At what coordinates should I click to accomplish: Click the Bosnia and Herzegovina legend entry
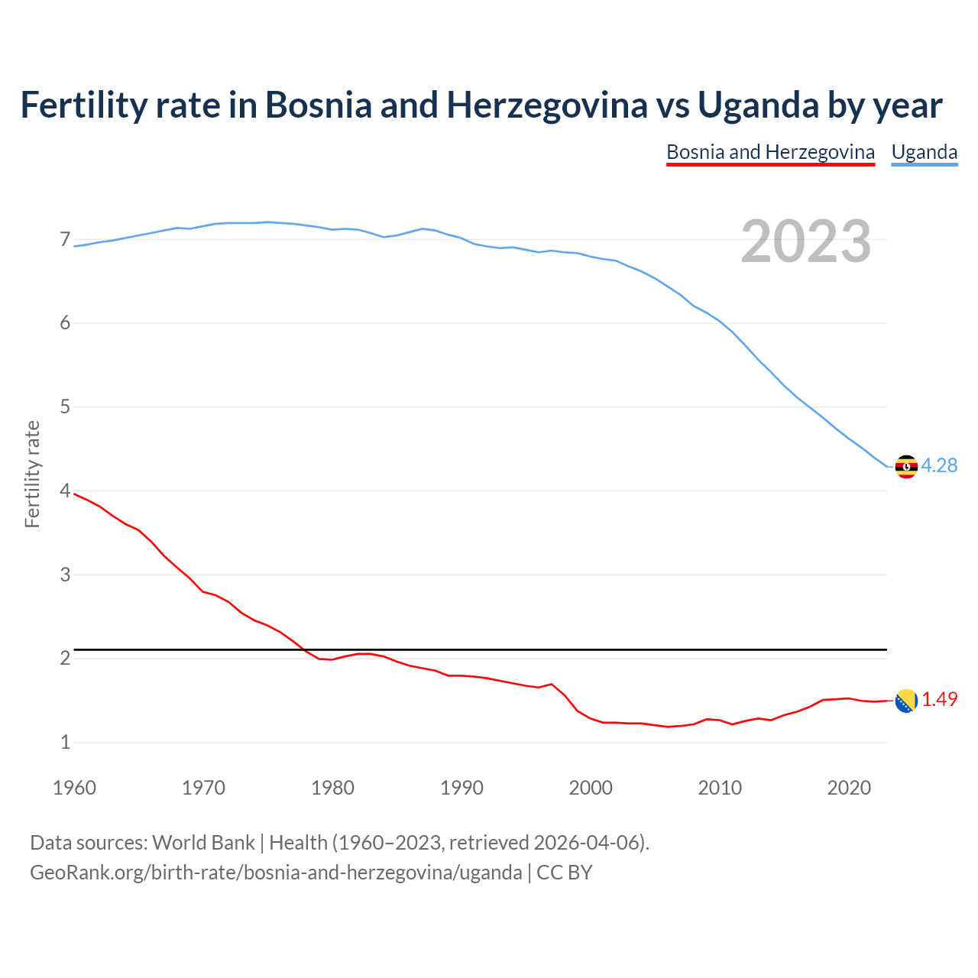click(770, 152)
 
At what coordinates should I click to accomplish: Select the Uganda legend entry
click(925, 152)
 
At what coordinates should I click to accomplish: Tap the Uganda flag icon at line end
click(906, 466)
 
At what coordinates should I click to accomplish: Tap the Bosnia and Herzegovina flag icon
click(906, 700)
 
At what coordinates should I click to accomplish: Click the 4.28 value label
click(939, 465)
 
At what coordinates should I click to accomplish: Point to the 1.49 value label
click(939, 699)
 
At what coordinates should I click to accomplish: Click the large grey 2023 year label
click(806, 241)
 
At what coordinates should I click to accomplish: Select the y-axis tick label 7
click(65, 240)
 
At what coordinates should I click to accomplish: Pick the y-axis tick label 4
click(65, 491)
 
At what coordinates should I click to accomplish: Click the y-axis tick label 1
click(65, 742)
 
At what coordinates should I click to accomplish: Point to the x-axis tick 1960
click(74, 788)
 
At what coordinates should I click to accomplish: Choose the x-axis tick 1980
click(332, 788)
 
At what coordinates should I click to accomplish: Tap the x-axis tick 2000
click(591, 788)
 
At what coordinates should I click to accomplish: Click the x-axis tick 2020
click(849, 788)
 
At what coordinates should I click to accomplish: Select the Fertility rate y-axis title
click(32, 474)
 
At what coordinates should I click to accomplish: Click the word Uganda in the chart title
click(757, 105)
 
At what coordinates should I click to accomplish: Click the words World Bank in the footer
click(203, 843)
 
